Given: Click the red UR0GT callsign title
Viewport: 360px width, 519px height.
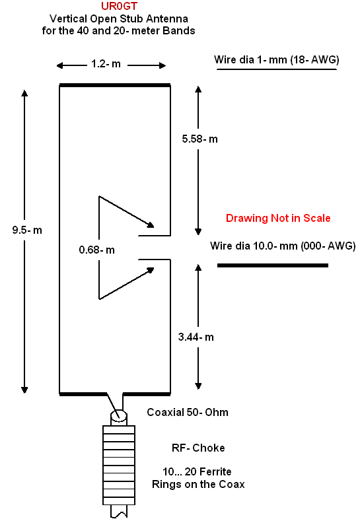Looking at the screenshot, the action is tap(119, 6).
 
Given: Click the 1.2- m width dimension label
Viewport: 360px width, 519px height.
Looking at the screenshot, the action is tap(106, 63).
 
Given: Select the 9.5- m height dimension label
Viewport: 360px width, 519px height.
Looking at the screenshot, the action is tap(27, 230).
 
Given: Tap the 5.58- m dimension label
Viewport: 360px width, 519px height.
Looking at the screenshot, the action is tap(199, 139).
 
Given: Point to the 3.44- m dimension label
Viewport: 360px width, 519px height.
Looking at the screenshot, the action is tap(196, 337).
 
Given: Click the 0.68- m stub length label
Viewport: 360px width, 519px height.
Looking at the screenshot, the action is tap(96, 250).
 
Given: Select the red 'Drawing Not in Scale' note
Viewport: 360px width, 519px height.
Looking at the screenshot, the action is tap(278, 218).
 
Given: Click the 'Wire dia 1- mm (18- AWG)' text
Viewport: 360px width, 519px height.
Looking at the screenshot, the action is tap(277, 59).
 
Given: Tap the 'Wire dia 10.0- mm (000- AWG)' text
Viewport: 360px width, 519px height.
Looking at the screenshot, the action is tap(283, 246).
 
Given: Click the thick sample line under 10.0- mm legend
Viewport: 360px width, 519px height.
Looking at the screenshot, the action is tap(273, 265).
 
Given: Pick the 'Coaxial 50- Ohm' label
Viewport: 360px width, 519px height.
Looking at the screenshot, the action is tap(188, 413).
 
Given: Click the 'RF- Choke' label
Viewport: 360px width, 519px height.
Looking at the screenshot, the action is tap(198, 448).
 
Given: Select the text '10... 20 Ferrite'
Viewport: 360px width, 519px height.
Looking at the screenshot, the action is tap(197, 471).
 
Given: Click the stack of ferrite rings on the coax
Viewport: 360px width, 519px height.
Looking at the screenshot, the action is tap(119, 465).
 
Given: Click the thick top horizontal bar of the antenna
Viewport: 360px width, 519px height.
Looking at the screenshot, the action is tap(115, 85).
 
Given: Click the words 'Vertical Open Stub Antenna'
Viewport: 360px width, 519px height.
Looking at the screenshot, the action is tap(119, 18).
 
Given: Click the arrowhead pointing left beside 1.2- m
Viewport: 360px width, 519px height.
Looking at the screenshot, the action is tap(59, 65).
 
